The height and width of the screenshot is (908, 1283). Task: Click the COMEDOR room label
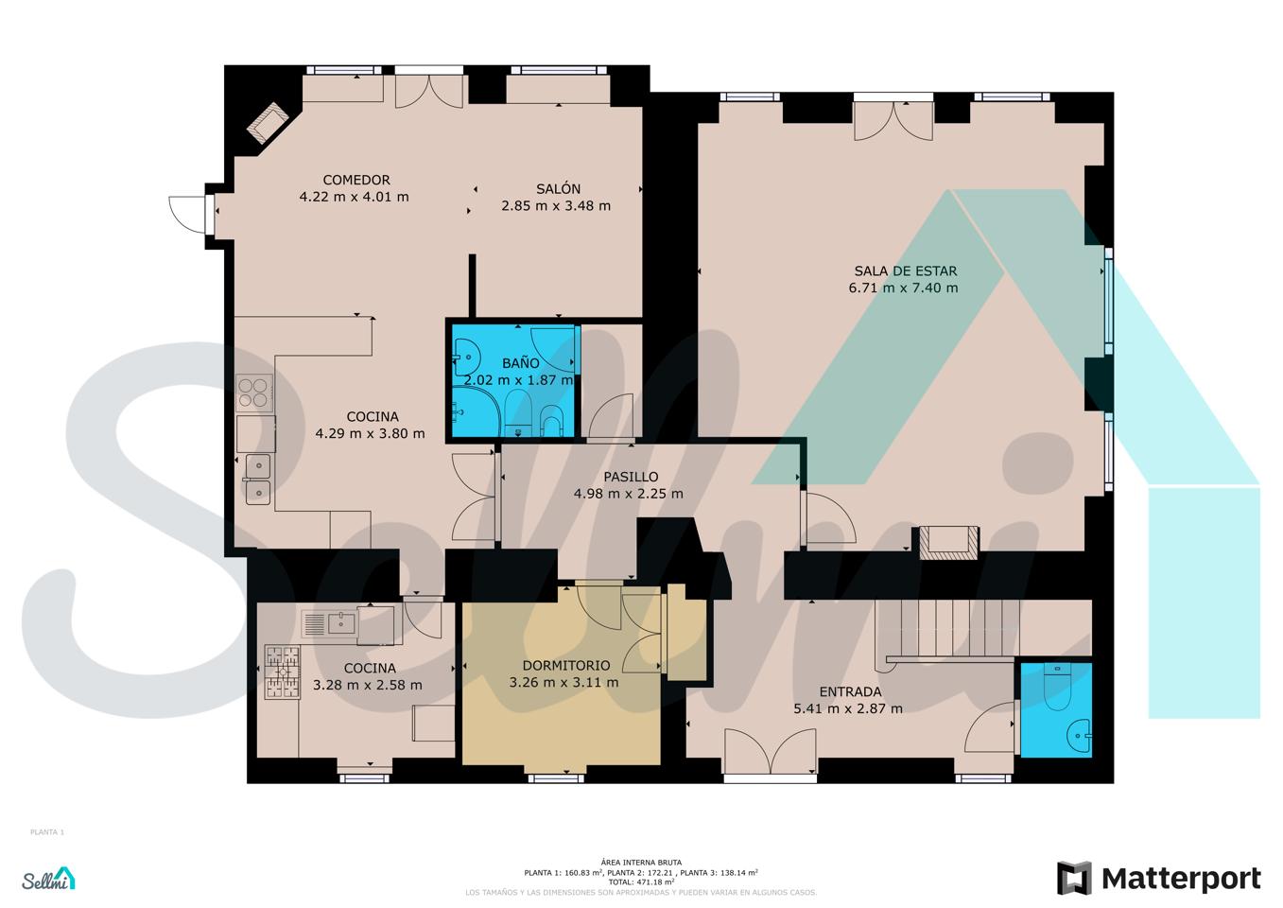pos(356,180)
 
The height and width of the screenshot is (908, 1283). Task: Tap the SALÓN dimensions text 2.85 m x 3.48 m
pos(556,205)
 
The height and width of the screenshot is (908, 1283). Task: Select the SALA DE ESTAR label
pos(906,271)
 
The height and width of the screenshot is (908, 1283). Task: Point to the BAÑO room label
pos(521,363)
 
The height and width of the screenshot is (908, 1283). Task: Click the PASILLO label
pos(631,477)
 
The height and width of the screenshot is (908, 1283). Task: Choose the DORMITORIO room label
pos(566,666)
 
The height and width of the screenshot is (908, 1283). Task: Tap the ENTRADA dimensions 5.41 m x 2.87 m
pos(848,708)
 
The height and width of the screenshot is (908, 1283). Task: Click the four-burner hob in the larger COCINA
pos(254,393)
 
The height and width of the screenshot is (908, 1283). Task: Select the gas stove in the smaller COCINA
pos(282,672)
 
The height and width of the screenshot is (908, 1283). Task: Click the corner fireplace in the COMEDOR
pos(268,122)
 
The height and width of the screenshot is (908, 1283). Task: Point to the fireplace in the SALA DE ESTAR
pos(949,543)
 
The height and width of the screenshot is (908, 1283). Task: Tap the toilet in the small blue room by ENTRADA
pos(1055,687)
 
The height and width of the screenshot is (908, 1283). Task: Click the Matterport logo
pos(1159,879)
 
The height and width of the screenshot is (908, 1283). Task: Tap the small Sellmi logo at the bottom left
pos(48,879)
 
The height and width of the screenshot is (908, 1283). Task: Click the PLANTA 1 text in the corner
pos(47,831)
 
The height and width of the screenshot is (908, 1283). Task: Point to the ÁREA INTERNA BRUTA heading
pos(641,863)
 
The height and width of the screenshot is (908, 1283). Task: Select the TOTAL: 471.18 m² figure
pos(641,882)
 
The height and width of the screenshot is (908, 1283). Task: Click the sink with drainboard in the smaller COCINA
pos(330,623)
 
